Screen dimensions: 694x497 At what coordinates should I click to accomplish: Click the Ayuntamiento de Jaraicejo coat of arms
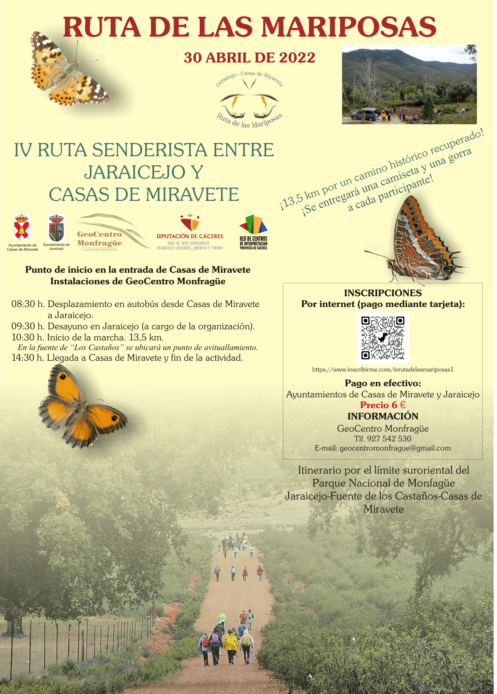[57, 228]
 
